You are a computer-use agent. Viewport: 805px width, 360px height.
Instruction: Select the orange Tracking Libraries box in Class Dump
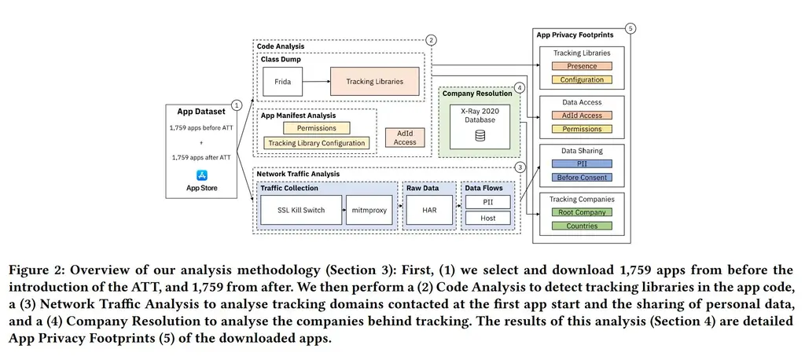pyautogui.click(x=374, y=82)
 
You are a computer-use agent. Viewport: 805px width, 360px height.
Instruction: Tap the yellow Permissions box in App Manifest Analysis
pyautogui.click(x=317, y=127)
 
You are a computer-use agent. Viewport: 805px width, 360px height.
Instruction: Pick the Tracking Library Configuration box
pyautogui.click(x=317, y=143)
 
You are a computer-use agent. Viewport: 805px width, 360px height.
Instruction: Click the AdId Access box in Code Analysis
pyautogui.click(x=405, y=138)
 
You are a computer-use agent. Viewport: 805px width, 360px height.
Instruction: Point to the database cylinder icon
pyautogui.click(x=480, y=136)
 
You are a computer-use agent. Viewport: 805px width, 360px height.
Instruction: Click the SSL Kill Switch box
pyautogui.click(x=303, y=211)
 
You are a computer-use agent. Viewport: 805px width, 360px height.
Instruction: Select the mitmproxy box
pyautogui.click(x=368, y=211)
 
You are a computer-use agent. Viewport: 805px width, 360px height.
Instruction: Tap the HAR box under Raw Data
pyautogui.click(x=430, y=211)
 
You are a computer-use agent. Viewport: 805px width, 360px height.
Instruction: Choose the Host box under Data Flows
pyautogui.click(x=488, y=218)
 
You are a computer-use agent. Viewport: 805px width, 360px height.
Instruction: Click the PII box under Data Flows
pyautogui.click(x=488, y=202)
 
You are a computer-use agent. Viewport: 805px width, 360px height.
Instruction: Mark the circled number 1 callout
pyautogui.click(x=237, y=105)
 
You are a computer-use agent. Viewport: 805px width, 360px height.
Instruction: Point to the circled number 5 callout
pyautogui.click(x=630, y=28)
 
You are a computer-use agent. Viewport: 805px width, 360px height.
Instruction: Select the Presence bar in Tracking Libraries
pyautogui.click(x=582, y=67)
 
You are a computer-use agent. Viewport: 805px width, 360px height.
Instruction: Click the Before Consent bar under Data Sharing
pyautogui.click(x=582, y=178)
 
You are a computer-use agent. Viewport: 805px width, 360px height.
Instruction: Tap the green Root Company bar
pyautogui.click(x=582, y=212)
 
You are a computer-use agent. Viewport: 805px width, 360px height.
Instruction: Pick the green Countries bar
pyautogui.click(x=582, y=226)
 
